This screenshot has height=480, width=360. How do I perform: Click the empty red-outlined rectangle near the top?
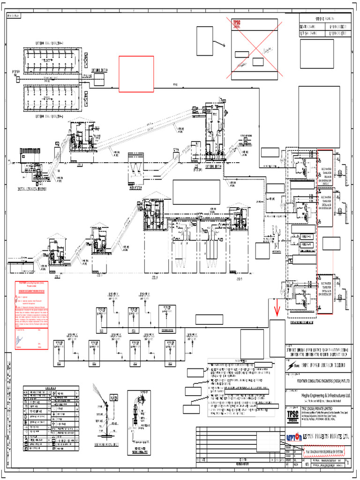pos(136,74)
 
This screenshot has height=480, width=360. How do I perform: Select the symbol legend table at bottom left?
pos(51,420)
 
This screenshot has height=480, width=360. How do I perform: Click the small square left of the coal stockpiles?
pos(17,80)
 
